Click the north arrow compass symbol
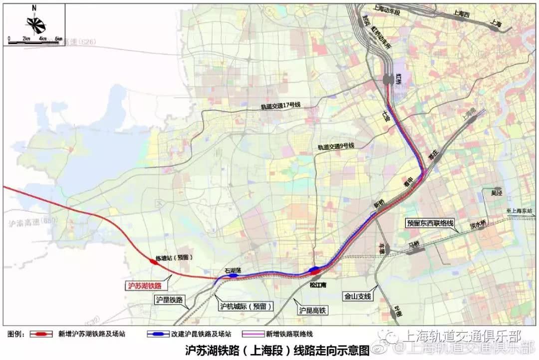point(34,22)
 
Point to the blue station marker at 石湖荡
point(233,275)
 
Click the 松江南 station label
point(317,285)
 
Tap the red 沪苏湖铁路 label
point(145,286)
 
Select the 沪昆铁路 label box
point(169,300)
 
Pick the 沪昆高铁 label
point(312,311)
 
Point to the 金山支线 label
point(357,296)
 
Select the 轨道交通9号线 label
point(336,146)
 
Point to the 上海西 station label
point(461,14)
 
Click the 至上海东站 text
point(522,212)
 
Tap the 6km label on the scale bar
point(58,39)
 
